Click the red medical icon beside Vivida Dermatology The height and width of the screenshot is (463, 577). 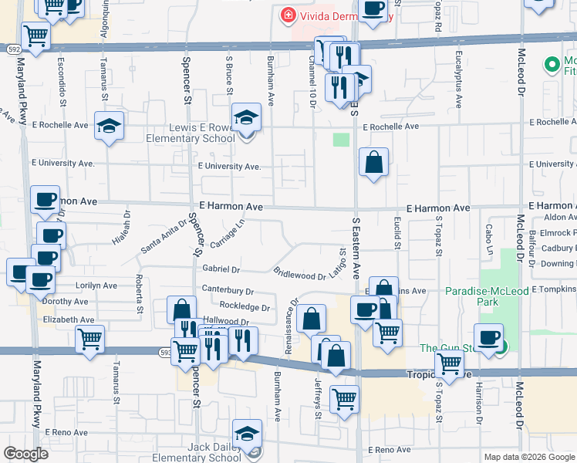[x=287, y=15]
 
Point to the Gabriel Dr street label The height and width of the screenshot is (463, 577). [x=221, y=270]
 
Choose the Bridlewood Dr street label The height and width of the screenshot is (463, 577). [x=299, y=274]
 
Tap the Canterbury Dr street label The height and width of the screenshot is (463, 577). [x=228, y=292]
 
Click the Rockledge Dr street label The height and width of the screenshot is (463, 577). [x=244, y=307]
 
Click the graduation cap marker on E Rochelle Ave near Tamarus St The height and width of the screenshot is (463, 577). [x=110, y=126]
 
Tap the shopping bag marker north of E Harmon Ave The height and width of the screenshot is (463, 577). [x=373, y=162]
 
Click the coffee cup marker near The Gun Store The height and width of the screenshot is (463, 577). [x=488, y=338]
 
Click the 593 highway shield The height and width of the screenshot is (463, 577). [x=165, y=352]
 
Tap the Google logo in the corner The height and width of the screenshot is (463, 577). [x=25, y=454]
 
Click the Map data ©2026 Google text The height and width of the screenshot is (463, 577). [x=529, y=457]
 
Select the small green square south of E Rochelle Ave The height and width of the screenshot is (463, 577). [x=341, y=140]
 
